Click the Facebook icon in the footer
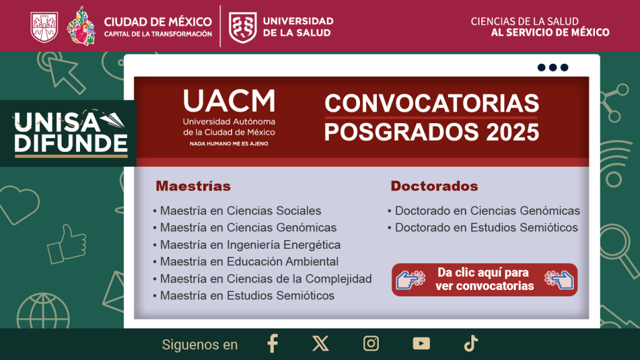tap(272, 343)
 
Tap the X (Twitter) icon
tap(321, 343)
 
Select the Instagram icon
tap(371, 343)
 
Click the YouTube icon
tap(421, 343)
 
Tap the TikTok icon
tap(471, 343)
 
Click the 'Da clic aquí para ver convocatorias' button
tap(484, 279)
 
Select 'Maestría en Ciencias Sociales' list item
tap(241, 211)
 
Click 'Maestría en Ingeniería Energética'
tap(250, 244)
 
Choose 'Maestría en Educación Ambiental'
tap(249, 262)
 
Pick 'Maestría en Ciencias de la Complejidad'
tap(266, 279)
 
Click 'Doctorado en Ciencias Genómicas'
tap(487, 211)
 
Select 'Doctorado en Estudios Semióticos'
tap(486, 227)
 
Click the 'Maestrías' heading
tap(193, 186)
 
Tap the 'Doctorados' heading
tap(434, 186)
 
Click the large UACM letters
tap(229, 101)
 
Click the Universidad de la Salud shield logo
tap(243, 27)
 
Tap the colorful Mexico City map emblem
tap(81, 26)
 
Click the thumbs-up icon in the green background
tap(66, 244)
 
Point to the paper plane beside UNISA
tap(112, 119)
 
